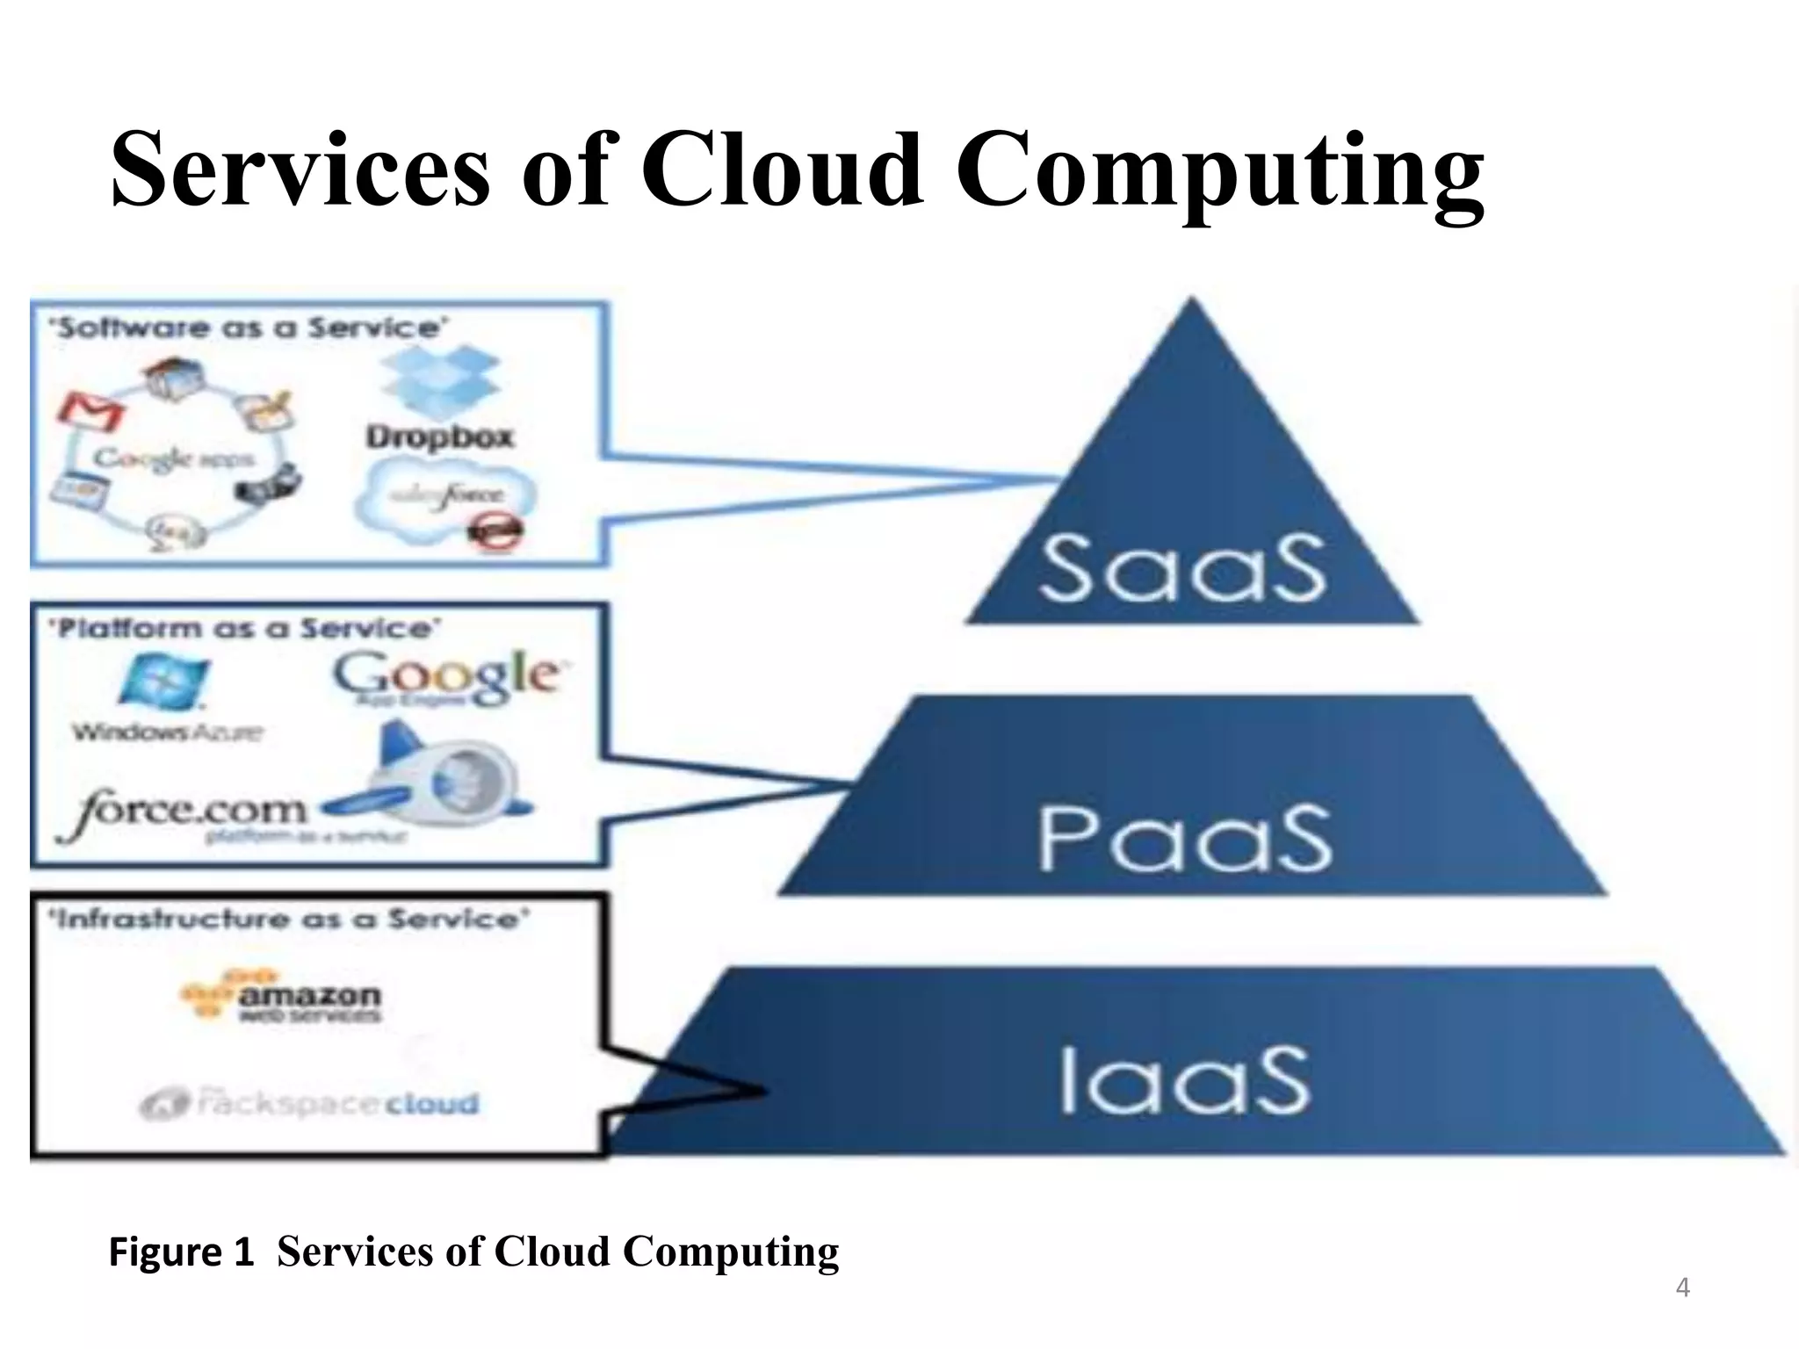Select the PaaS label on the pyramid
(1185, 838)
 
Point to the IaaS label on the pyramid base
(1185, 1079)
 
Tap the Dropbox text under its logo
(439, 436)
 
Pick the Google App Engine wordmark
(445, 676)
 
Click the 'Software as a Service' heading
(249, 328)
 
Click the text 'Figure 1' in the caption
(181, 1252)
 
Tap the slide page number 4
(1682, 1288)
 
